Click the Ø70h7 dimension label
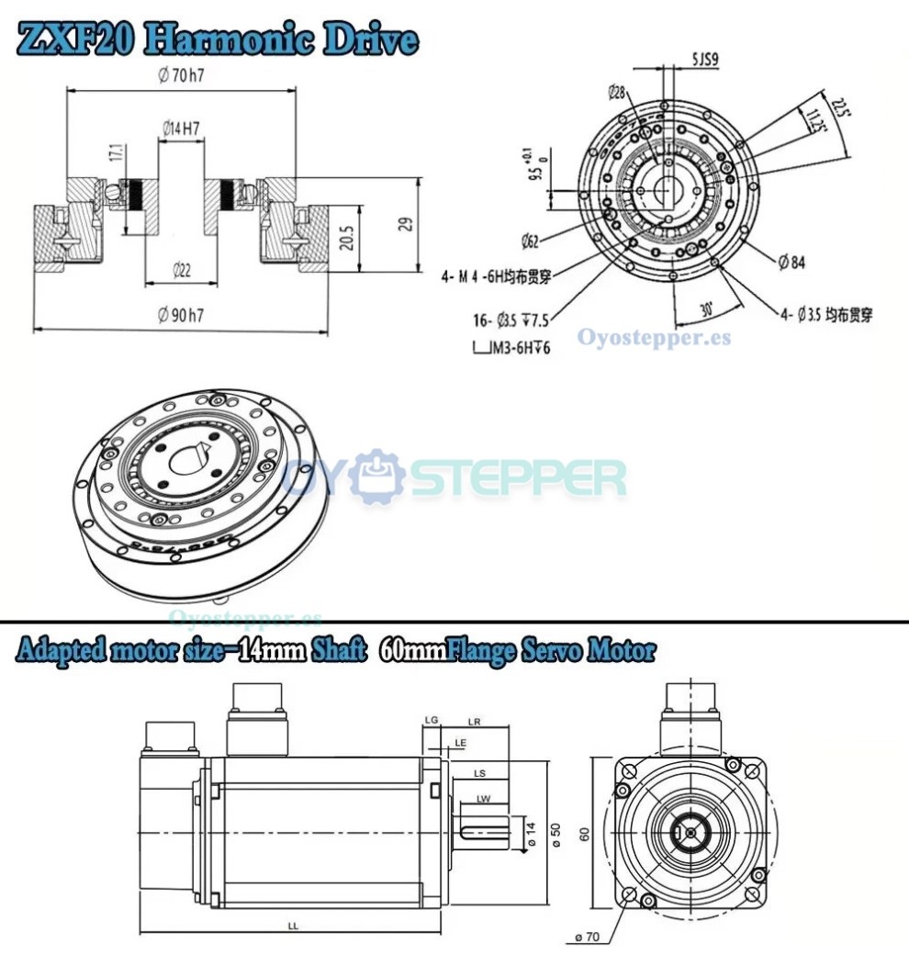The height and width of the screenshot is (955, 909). coord(181,76)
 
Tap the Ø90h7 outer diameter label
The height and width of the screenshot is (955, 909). coord(181,316)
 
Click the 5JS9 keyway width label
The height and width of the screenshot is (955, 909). coord(704,62)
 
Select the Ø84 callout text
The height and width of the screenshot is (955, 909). coord(791,264)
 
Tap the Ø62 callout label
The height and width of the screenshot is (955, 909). coord(529,242)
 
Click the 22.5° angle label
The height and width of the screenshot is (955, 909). coord(839,107)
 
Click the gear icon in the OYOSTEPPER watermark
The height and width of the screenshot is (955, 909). coord(377,477)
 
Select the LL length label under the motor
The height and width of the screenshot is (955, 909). coord(293,927)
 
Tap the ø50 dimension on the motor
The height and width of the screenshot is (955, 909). coord(555,833)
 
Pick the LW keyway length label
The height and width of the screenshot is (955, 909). coord(483,799)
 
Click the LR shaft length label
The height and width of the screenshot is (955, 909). coord(475,721)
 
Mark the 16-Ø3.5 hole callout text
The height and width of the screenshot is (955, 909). coord(504,320)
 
